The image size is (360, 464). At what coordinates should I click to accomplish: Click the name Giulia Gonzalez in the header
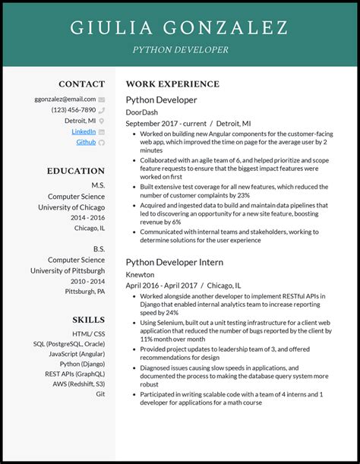pos(179,27)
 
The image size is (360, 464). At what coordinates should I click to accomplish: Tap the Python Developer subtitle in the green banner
pos(180,49)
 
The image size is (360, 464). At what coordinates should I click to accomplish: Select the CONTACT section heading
pos(82,84)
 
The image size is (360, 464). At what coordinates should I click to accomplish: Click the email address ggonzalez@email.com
pos(65,99)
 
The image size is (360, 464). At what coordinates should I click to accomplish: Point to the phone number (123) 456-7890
pos(74,109)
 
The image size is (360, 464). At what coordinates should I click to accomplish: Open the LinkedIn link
pos(84,131)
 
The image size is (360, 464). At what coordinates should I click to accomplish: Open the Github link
pos(86,142)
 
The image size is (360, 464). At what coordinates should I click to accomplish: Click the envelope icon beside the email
pos(102,99)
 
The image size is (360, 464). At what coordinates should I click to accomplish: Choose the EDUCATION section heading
pos(77,171)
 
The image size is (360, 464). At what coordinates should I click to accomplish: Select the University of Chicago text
pos(71,207)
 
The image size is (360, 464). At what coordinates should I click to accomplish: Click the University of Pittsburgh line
pos(68,270)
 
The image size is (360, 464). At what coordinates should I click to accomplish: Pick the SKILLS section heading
pos(89,320)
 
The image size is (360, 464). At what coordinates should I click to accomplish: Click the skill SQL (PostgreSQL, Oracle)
pos(69,344)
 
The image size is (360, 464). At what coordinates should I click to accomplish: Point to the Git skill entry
pos(100,394)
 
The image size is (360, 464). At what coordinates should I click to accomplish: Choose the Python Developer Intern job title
pos(174,262)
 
